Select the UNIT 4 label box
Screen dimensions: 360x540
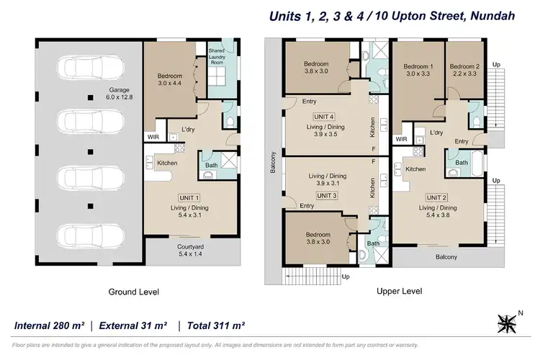tap(324, 116)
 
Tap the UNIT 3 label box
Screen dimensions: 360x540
tap(327, 194)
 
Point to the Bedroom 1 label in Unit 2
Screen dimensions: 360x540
tap(418, 70)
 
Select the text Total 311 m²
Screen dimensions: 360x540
tap(216, 326)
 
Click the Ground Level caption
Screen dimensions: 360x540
tap(134, 292)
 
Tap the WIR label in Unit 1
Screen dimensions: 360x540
tap(153, 135)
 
